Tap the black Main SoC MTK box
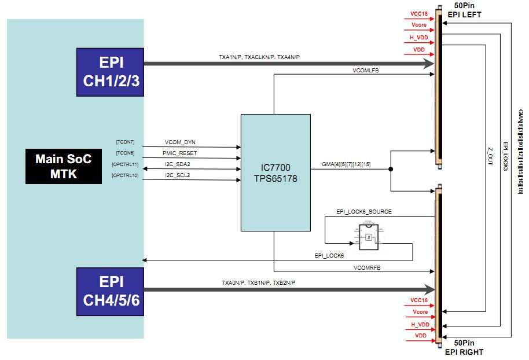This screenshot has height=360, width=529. pos(64,166)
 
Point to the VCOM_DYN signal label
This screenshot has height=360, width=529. pos(181,142)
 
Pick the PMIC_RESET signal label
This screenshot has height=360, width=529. pos(181,153)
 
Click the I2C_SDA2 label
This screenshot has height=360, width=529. pos(178,164)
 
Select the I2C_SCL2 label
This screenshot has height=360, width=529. pos(178,175)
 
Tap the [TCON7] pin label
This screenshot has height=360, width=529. pos(126,142)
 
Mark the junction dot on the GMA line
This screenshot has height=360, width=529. pos(391,170)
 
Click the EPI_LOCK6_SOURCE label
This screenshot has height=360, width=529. pos(364,212)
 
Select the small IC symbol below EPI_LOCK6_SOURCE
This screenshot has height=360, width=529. pos(369,237)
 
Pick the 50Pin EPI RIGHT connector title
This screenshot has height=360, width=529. pos(464,347)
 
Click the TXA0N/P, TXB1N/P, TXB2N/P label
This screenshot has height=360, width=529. pos(259,283)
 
